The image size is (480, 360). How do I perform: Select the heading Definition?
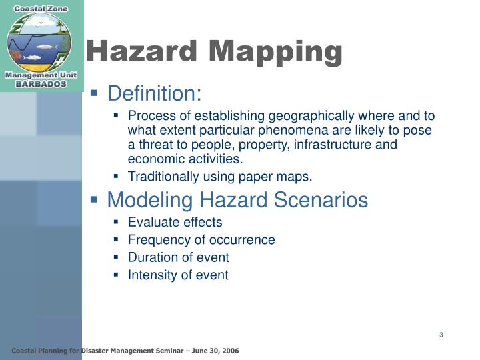click(154, 93)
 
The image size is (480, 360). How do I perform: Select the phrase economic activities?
click(185, 159)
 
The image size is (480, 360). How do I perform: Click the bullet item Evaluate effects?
click(175, 222)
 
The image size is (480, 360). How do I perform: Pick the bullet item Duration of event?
click(178, 257)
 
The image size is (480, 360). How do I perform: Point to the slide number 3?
click(441, 335)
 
